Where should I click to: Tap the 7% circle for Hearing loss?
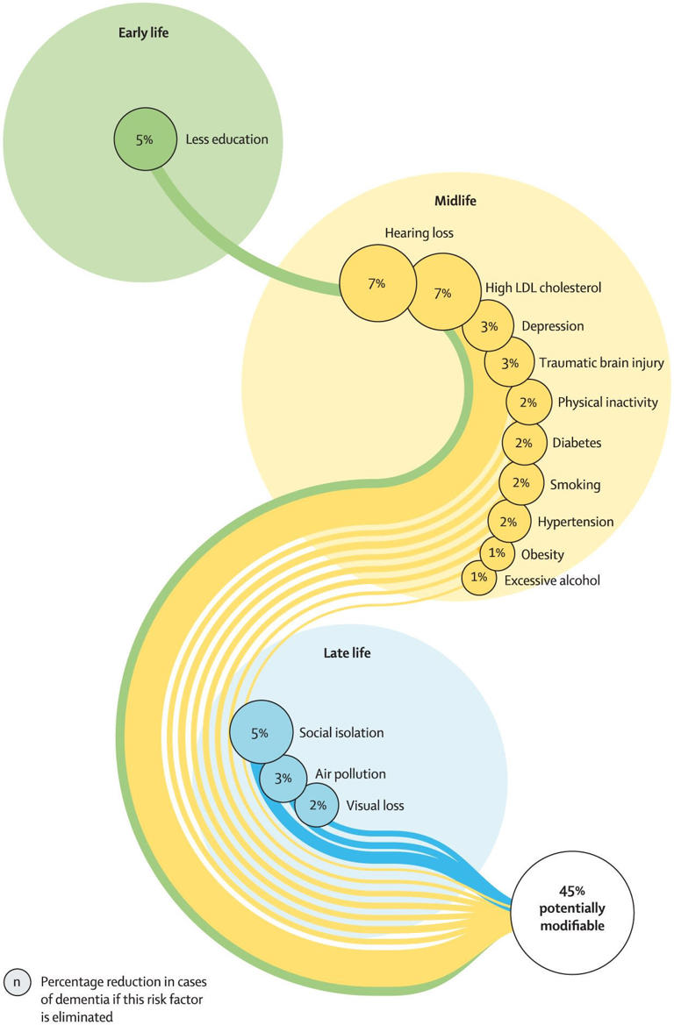pyautogui.click(x=376, y=284)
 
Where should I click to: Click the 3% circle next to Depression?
pyautogui.click(x=489, y=326)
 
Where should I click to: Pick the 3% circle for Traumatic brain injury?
pyautogui.click(x=509, y=363)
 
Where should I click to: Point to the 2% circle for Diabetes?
pyautogui.click(x=524, y=443)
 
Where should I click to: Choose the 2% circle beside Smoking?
pyautogui.click(x=521, y=482)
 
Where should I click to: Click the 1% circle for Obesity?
pyautogui.click(x=497, y=553)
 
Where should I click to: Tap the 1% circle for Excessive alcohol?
pyautogui.click(x=479, y=577)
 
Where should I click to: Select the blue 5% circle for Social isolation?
pyautogui.click(x=261, y=732)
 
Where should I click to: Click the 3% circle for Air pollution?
pyautogui.click(x=283, y=777)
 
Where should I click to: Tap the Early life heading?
pyautogui.click(x=143, y=33)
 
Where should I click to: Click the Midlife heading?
pyautogui.click(x=455, y=201)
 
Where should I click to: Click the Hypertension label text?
pyautogui.click(x=577, y=522)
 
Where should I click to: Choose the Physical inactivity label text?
pyautogui.click(x=607, y=402)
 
